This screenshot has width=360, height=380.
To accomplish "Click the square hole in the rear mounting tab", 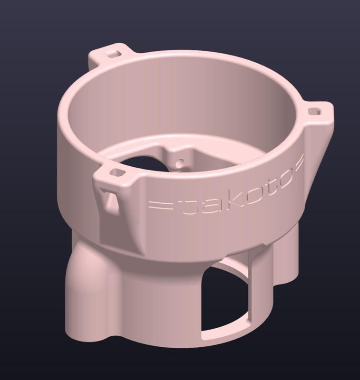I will coord(113,53).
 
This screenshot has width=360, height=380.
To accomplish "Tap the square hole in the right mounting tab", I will coord(314,111).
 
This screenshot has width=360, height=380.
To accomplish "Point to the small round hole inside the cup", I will coord(179,163).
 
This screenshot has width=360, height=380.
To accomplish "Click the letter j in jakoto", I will coord(187,205).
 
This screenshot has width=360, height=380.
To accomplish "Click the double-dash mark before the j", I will coord(160,205).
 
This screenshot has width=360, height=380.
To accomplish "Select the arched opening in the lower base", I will coord(223,299).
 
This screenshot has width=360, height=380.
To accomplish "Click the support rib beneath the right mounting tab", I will coord(317,152).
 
